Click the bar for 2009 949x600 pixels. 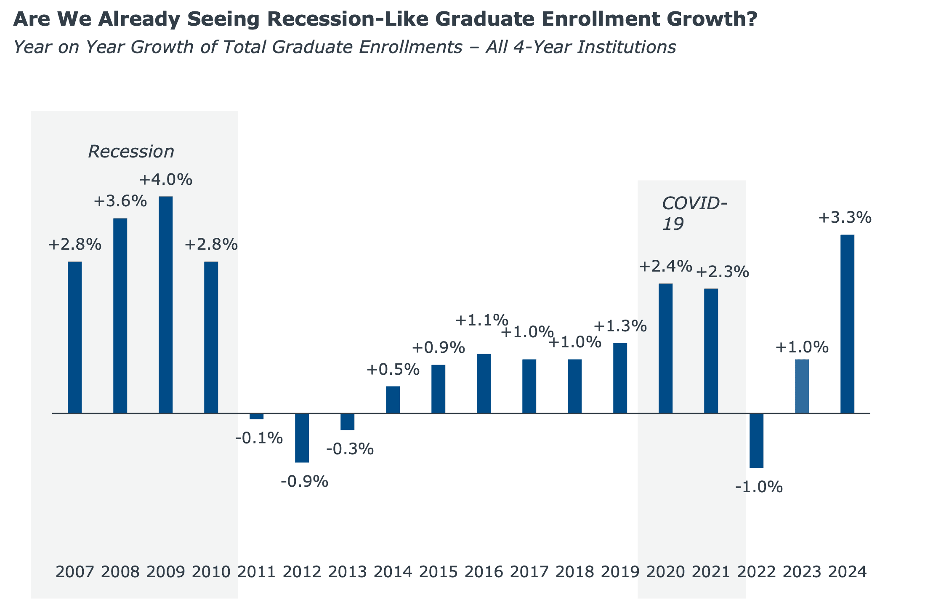(x=165, y=304)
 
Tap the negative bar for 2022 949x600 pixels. (x=756, y=440)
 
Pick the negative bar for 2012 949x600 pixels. (x=302, y=438)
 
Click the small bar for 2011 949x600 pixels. (x=256, y=416)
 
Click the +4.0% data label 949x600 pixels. (x=165, y=180)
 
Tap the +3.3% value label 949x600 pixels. (x=844, y=218)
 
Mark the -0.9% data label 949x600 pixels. (x=304, y=481)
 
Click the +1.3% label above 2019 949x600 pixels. (x=620, y=326)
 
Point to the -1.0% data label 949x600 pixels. (x=759, y=487)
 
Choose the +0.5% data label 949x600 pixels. (x=393, y=370)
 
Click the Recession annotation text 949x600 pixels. (x=131, y=152)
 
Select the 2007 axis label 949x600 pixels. (x=74, y=572)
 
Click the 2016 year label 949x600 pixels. (x=484, y=572)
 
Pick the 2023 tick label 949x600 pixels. (x=802, y=572)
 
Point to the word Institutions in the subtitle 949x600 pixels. (x=626, y=47)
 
